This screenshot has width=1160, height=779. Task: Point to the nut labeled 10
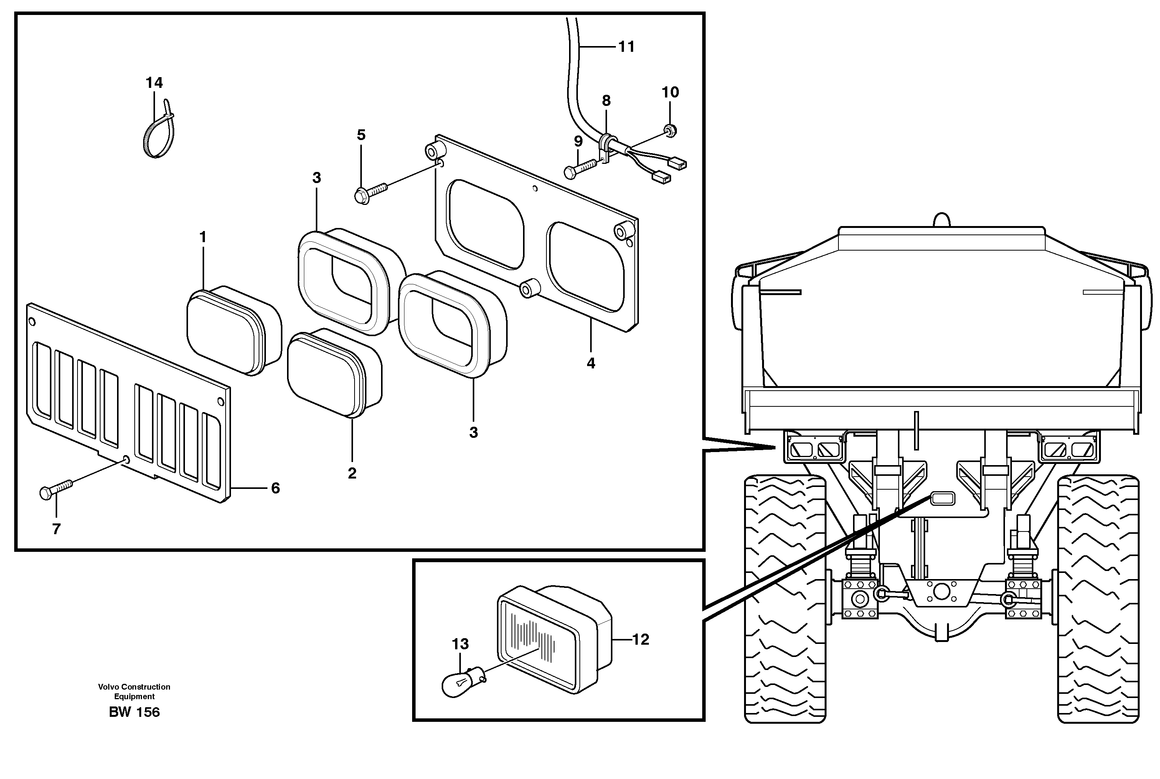670,130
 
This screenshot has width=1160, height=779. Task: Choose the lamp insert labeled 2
334,373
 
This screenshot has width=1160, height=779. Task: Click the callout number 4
590,363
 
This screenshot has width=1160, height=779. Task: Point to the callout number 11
627,47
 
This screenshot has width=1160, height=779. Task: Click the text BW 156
134,712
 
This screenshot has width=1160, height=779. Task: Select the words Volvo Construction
134,687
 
